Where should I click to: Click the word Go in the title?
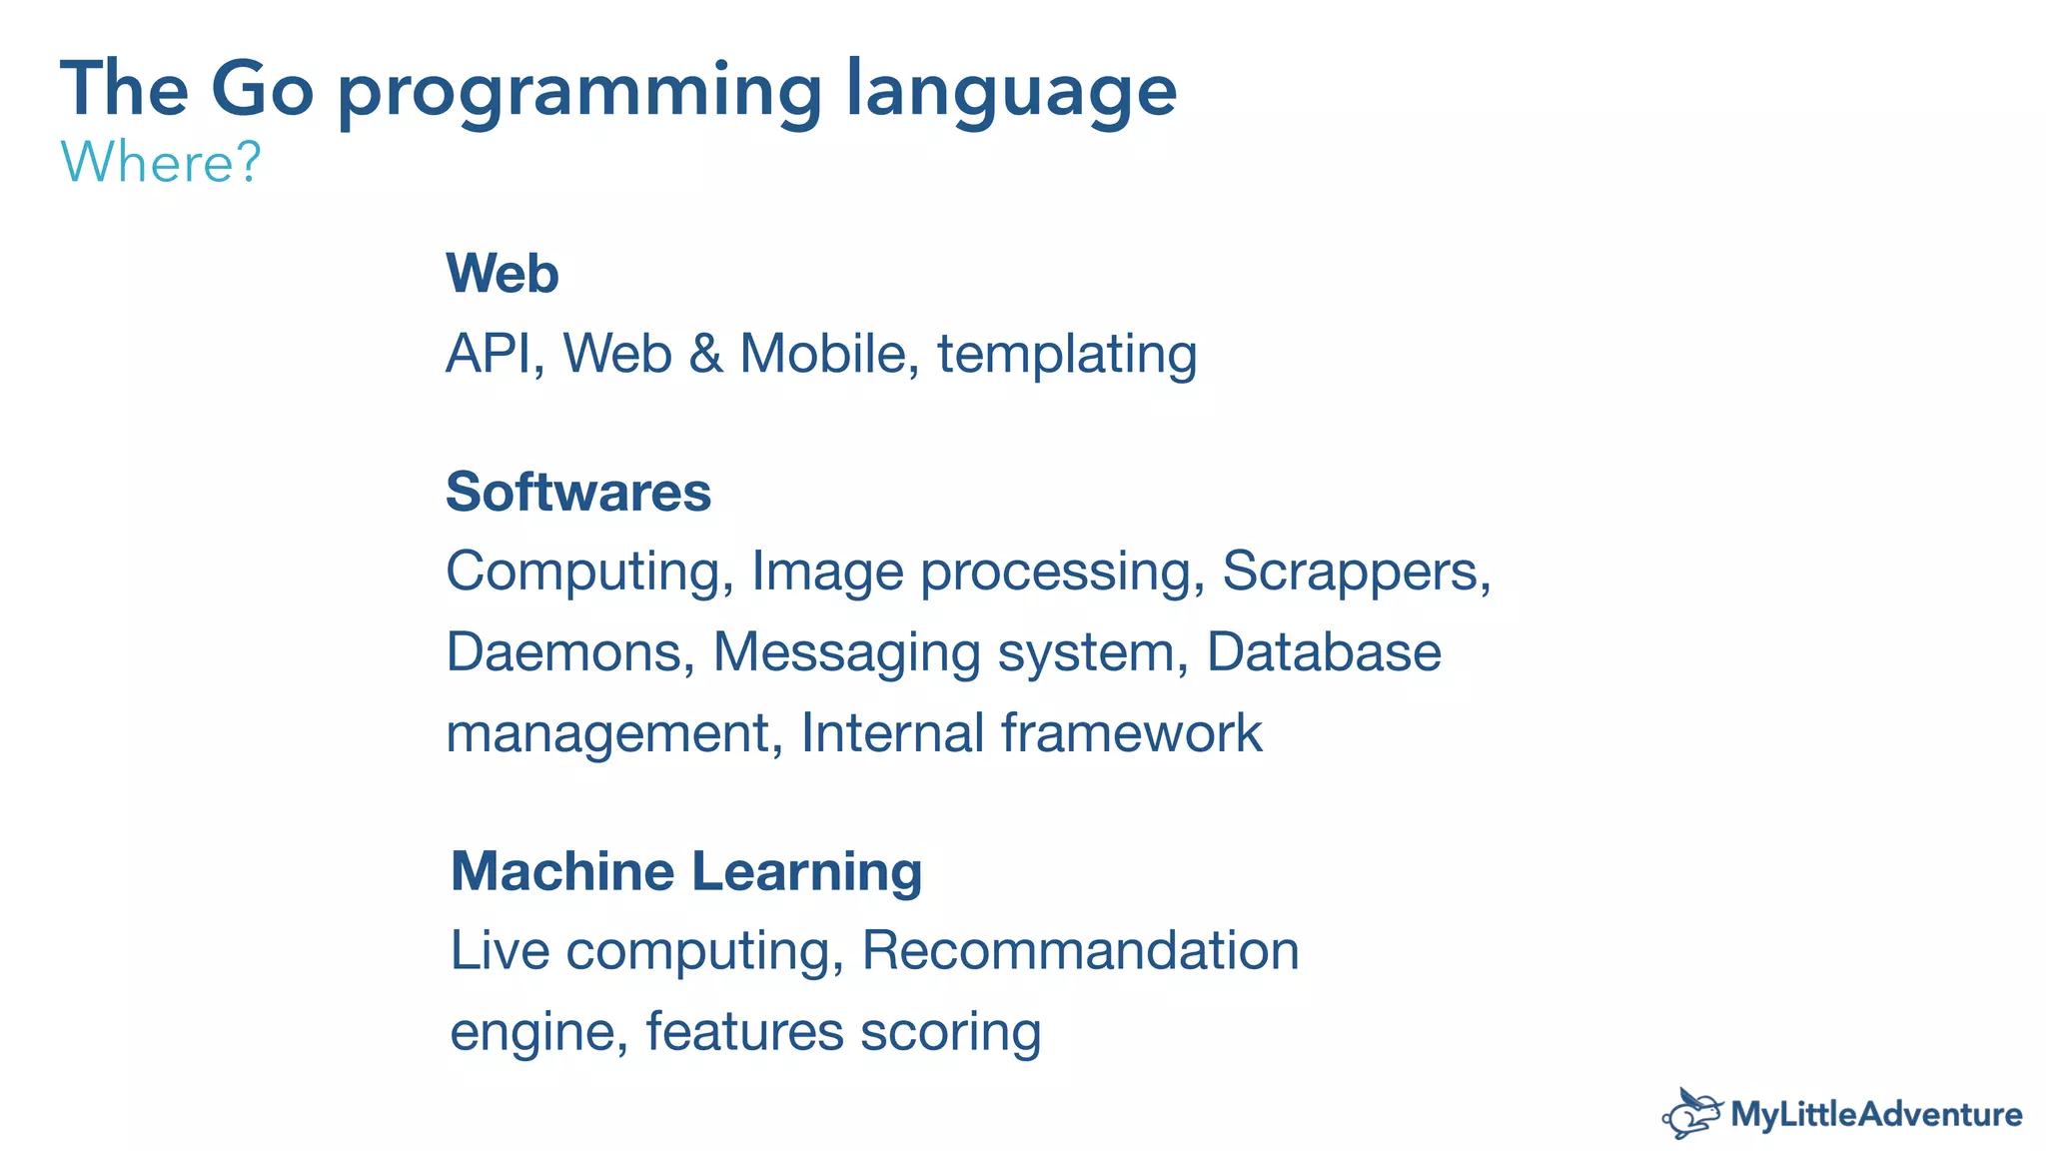(262, 90)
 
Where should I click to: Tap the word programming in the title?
(579, 92)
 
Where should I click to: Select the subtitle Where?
(161, 162)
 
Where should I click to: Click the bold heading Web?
(502, 274)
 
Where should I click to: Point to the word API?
(489, 354)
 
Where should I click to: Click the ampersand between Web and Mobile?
(705, 354)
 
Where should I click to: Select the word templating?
(1066, 356)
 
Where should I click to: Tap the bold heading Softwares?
(577, 492)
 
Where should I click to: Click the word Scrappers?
(1355, 573)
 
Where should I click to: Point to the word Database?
(1324, 652)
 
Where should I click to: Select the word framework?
(1131, 733)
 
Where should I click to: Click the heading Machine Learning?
(685, 871)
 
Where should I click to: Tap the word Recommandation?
(1079, 950)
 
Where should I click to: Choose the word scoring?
(950, 1033)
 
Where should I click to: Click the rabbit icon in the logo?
(1691, 1113)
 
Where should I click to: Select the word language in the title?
(1011, 92)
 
